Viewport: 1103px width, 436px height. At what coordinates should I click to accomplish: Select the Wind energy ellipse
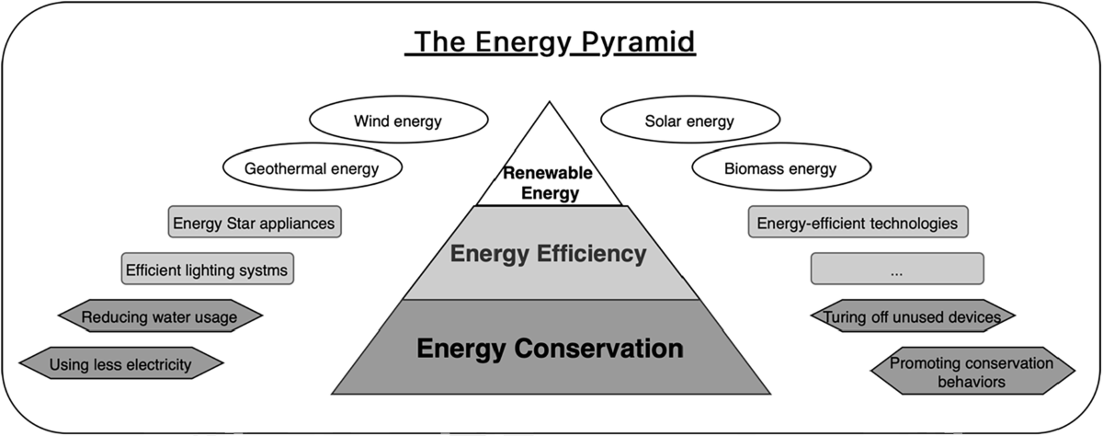tap(398, 121)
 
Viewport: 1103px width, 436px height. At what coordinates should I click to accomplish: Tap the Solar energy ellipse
tap(689, 121)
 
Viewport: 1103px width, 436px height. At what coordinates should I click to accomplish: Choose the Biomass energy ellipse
tap(779, 169)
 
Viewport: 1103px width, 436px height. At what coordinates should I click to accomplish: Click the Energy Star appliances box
tap(255, 223)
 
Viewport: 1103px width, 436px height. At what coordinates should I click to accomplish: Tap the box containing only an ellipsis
tap(896, 270)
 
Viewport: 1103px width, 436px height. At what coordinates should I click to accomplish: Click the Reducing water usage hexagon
tap(160, 317)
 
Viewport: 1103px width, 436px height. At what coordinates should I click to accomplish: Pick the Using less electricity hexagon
tap(120, 364)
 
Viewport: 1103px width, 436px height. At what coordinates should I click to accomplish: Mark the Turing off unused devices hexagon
tap(912, 317)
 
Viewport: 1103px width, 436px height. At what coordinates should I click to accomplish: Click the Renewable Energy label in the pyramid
tap(547, 183)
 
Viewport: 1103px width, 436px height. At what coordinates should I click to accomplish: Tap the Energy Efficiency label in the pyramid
tap(549, 253)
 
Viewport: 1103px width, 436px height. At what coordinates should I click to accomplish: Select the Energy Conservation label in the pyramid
tap(550, 349)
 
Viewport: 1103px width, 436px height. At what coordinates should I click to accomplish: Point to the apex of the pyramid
tap(550, 104)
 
